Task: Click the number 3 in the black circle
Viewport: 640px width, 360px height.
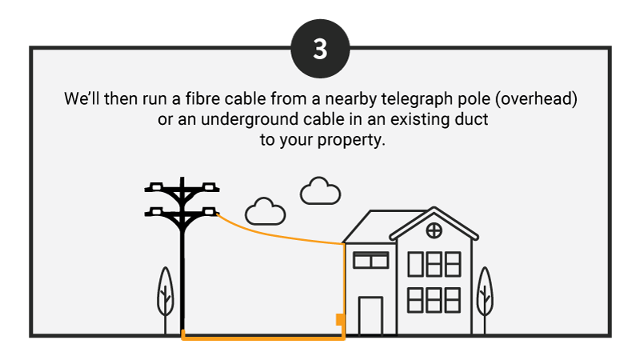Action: (x=320, y=49)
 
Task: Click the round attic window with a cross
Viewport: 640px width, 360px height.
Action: (x=434, y=231)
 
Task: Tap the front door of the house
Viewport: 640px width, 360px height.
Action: (x=370, y=315)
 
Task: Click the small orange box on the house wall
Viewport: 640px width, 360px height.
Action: (x=340, y=320)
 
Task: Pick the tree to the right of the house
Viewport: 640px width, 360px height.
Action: (x=484, y=292)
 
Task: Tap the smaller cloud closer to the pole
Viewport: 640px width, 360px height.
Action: (x=266, y=211)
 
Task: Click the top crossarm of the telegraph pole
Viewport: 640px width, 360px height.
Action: (x=182, y=189)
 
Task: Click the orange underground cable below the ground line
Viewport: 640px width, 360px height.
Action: (x=264, y=338)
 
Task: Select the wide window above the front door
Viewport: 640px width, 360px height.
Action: (x=370, y=260)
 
